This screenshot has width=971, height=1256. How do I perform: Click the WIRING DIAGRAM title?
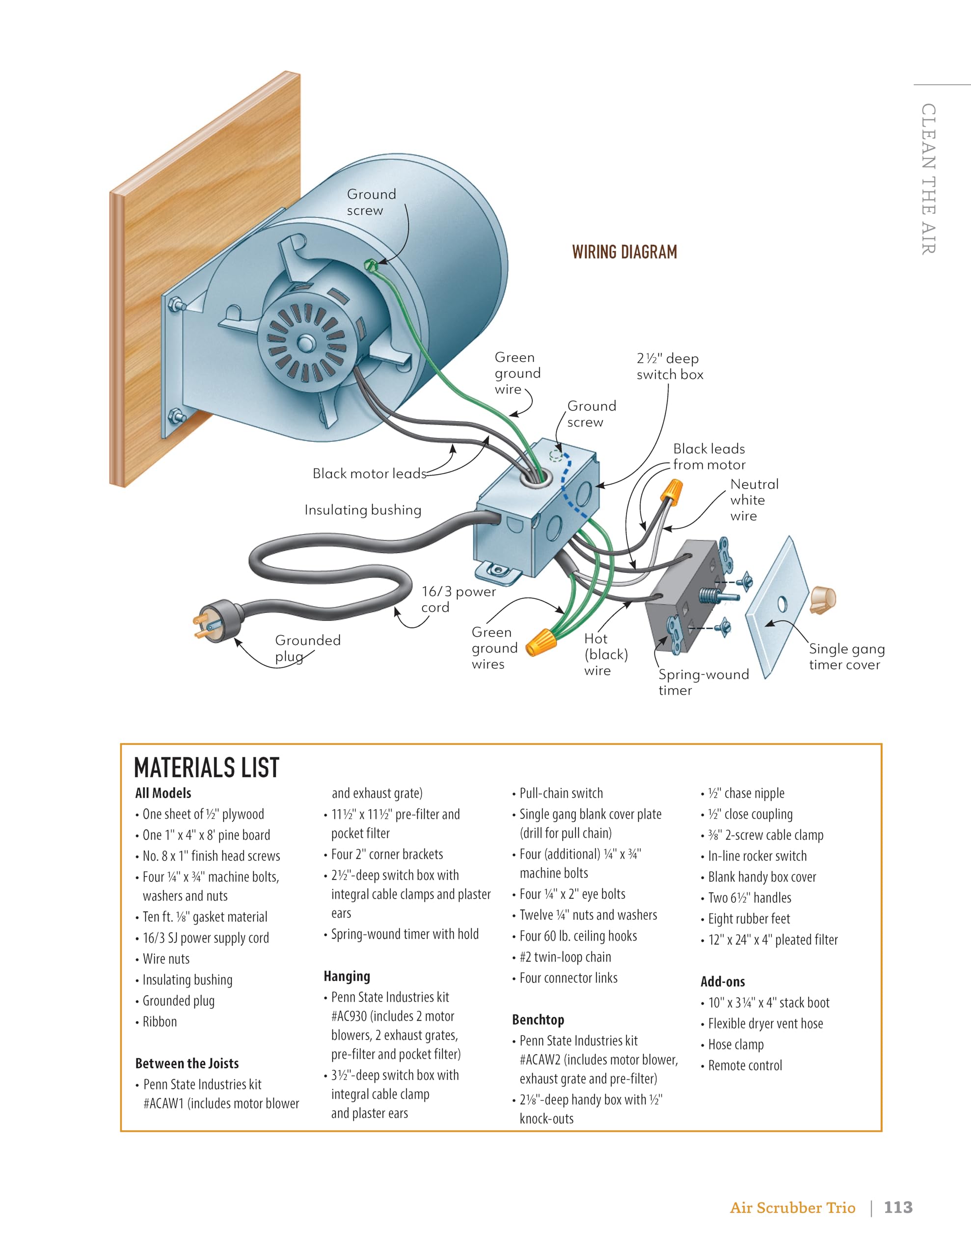[x=624, y=252]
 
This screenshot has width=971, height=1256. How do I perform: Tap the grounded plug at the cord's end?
[x=219, y=621]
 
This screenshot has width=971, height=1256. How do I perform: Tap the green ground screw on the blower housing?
[x=370, y=264]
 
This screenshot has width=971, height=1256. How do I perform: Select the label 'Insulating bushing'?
[x=363, y=510]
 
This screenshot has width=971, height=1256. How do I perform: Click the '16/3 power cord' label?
[x=458, y=599]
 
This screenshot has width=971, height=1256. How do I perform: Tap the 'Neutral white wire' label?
[x=754, y=500]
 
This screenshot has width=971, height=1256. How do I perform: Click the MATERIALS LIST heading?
[x=207, y=768]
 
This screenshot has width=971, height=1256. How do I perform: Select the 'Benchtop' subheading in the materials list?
[x=538, y=1020]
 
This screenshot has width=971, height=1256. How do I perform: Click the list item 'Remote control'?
[x=745, y=1066]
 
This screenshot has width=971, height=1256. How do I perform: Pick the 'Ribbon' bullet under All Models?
[x=160, y=1022]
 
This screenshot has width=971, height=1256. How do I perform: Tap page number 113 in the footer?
[x=898, y=1207]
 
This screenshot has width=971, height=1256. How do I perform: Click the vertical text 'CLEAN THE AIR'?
[x=928, y=178]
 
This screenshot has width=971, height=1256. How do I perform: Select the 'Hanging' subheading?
[x=347, y=976]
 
